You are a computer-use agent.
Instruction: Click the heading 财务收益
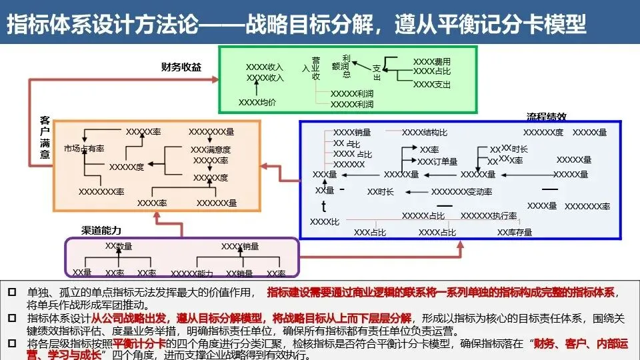coord(181,67)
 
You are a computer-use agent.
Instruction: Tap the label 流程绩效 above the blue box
coord(547,116)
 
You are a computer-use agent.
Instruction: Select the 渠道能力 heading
coord(101,231)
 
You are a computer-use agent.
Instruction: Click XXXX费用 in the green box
coord(432,61)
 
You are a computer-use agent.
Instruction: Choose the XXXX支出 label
coord(432,85)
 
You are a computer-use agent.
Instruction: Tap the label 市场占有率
coord(84,148)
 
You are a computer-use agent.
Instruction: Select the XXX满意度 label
coord(211,150)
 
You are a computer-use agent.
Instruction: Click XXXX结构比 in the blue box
coord(425,133)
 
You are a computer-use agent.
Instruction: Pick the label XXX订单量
coord(437,161)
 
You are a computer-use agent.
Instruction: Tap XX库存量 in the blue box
coord(515,233)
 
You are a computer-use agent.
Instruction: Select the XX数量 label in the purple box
coord(119,246)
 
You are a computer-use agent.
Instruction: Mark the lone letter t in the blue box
coord(324,206)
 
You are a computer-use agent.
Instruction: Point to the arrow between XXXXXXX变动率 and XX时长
coord(413,192)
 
